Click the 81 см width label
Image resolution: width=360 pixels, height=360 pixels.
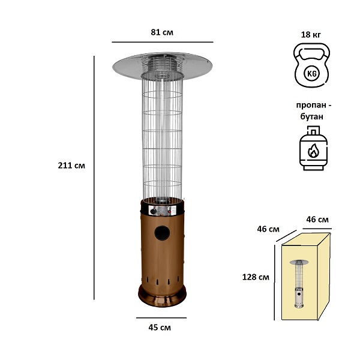pyautogui.click(x=162, y=32)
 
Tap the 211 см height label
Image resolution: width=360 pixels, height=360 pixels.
pyautogui.click(x=71, y=166)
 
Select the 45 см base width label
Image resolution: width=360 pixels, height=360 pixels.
pyautogui.click(x=160, y=328)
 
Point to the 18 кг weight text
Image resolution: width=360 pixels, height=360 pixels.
pyautogui.click(x=311, y=34)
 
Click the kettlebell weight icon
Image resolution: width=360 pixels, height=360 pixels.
pyautogui.click(x=312, y=65)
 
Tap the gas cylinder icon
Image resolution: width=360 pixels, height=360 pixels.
pyautogui.click(x=313, y=148)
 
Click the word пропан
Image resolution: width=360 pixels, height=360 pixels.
pyautogui.click(x=311, y=105)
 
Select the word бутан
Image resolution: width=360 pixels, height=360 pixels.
pyautogui.click(x=311, y=116)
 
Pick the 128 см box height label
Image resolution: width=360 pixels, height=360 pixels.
pyautogui.click(x=256, y=277)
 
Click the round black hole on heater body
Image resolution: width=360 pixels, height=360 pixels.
pyautogui.click(x=163, y=233)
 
